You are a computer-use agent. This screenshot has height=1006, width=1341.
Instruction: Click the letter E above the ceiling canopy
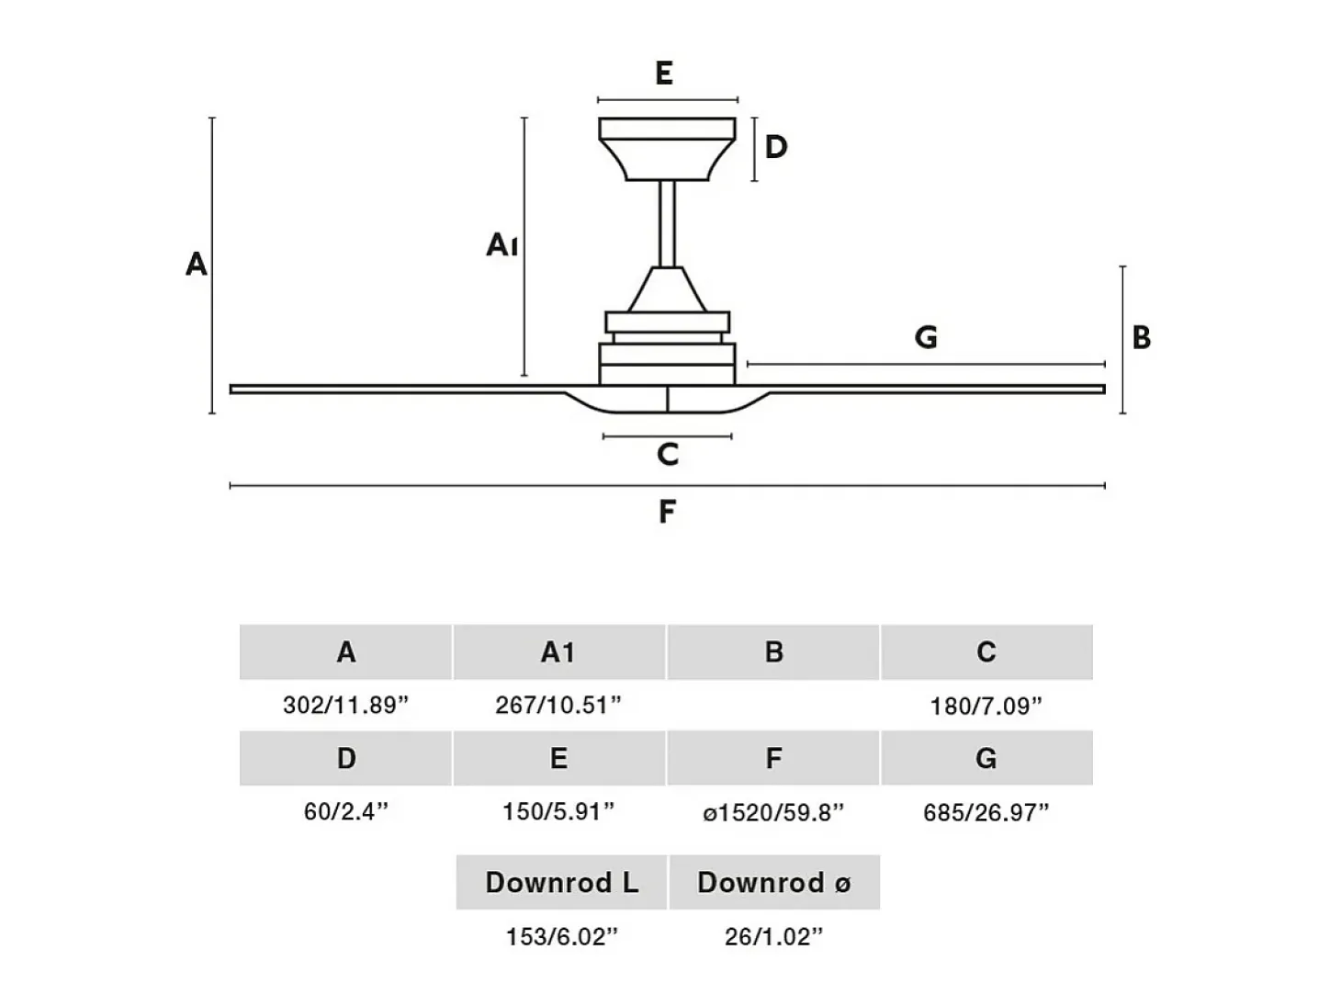pos(664,73)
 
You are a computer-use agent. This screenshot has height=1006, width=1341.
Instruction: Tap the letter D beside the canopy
pos(776,147)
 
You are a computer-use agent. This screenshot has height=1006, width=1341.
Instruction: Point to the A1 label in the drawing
pos(502,245)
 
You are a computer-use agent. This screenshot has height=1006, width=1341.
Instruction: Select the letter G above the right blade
pos(926,336)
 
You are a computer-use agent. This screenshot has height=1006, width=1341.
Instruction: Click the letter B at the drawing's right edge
pos(1141,337)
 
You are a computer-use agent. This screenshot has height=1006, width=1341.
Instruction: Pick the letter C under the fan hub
pos(668,455)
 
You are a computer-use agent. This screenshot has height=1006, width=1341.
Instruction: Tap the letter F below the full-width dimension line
pos(667,511)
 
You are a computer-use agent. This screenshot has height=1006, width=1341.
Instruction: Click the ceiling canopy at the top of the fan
pos(667,149)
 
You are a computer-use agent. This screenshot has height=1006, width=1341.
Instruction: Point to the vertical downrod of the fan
pos(667,223)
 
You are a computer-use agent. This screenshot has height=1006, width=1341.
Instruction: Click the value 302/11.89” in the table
pos(345,705)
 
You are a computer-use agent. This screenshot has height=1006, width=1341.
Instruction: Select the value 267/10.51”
pos(558,705)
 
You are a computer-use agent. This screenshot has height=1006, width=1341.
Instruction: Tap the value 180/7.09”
pos(986,706)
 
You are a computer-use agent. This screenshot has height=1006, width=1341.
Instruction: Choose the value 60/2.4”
pos(345,811)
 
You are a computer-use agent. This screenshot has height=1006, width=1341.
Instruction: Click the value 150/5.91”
pos(558,811)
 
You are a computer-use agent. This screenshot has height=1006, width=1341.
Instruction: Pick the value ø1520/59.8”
pos(773,812)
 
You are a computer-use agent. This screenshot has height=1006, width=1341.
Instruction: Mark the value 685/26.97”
pos(986,812)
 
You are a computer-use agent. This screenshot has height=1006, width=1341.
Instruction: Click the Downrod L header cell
pos(561,882)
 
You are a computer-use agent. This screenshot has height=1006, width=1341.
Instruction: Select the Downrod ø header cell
pos(774,882)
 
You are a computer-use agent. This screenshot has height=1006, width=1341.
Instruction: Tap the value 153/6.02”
pos(562,936)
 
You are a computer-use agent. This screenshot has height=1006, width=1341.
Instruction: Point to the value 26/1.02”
pos(774,936)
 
